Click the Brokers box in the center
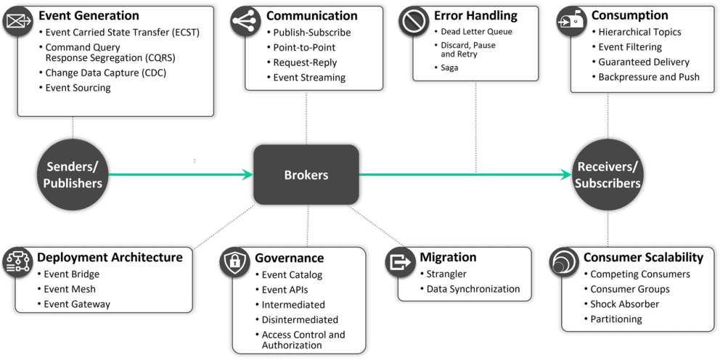(x=306, y=175)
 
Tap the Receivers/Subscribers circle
(x=607, y=175)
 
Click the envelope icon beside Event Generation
(x=17, y=22)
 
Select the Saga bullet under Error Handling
(x=449, y=67)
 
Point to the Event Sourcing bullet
(x=78, y=88)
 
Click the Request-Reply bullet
(x=305, y=62)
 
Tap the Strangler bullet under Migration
(x=446, y=274)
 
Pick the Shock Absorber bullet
(x=624, y=304)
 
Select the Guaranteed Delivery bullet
(x=643, y=62)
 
